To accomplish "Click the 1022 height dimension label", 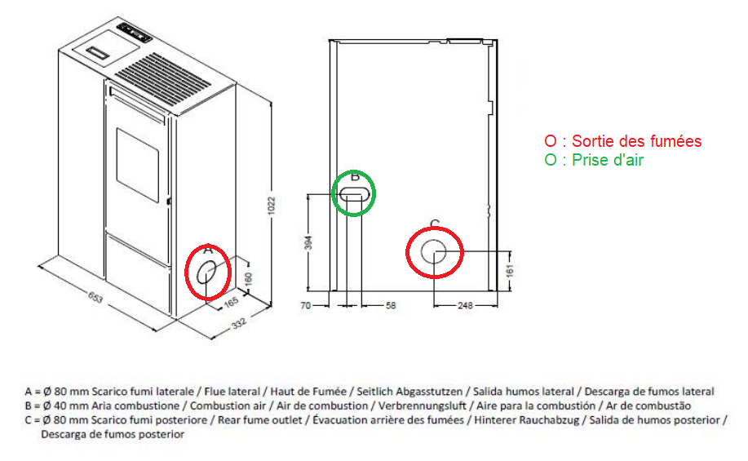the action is [x=272, y=206].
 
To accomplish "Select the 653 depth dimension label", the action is [x=95, y=297].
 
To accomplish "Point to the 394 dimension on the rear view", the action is [x=308, y=242].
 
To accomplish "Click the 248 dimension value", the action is [x=465, y=305].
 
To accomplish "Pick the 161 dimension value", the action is [x=510, y=271].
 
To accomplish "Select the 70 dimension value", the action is [x=306, y=305].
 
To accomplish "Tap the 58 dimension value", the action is [x=391, y=305].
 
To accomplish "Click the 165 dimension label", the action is [x=231, y=303].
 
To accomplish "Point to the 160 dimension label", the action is [x=248, y=279].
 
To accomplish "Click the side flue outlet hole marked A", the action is [x=206, y=273].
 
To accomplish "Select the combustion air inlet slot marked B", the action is [x=354, y=194].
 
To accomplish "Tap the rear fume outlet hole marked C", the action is [x=434, y=252].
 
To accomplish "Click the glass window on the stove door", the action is [x=137, y=165].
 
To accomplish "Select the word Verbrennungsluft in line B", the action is [x=423, y=406].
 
